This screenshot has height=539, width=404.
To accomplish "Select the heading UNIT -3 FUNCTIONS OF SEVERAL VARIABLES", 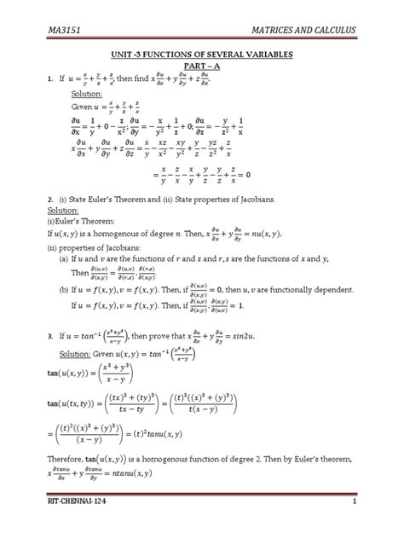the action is point(201,54).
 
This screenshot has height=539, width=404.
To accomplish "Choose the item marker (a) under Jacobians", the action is point(64,258).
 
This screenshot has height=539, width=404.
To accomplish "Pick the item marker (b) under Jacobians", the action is point(64,289).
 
